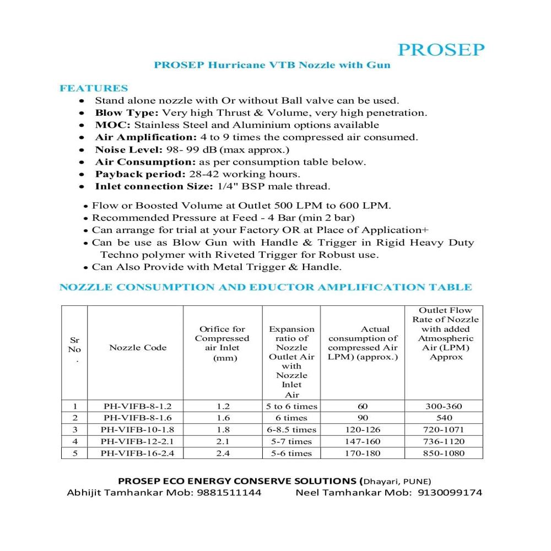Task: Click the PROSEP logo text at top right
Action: coord(440,50)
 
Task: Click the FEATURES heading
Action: coord(94,88)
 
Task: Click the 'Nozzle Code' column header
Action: coord(138,347)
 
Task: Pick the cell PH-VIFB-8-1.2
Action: coord(134,407)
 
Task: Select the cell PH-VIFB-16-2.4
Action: coord(134,453)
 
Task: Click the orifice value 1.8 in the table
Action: coord(223,430)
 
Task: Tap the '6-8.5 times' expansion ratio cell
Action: coord(292,430)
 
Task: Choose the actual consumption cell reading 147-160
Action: coord(363,441)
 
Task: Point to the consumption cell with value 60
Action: coord(363,407)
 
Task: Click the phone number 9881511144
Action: coord(229,492)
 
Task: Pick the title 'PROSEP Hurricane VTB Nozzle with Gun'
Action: coord(272,65)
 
